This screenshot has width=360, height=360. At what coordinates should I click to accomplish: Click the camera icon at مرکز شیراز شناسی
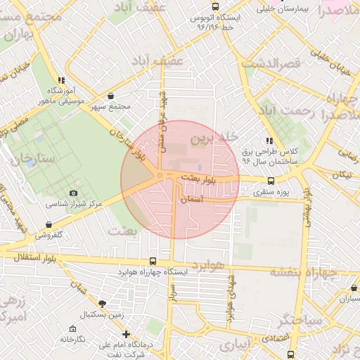(74, 193)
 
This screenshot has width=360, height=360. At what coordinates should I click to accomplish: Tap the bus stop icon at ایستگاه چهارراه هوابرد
(153, 261)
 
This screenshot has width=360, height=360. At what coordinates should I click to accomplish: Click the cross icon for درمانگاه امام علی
(126, 334)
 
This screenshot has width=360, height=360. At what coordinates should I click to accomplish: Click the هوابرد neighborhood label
(207, 265)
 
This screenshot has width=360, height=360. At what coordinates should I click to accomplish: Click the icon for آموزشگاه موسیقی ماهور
(61, 80)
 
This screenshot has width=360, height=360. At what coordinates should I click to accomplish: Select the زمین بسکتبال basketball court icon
(103, 303)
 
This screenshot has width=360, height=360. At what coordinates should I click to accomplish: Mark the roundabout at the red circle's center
(160, 175)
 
